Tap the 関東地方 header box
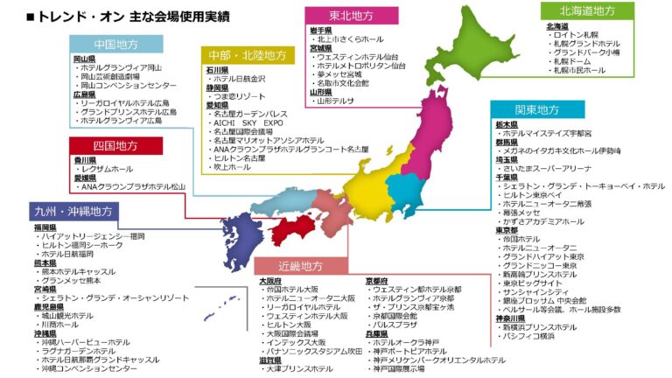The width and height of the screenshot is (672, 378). [537, 110]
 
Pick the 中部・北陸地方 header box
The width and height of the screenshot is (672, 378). [246, 55]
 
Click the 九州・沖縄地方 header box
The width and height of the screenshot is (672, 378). [73, 212]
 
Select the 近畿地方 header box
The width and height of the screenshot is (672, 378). [301, 266]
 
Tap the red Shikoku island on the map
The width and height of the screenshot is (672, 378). [294, 230]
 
